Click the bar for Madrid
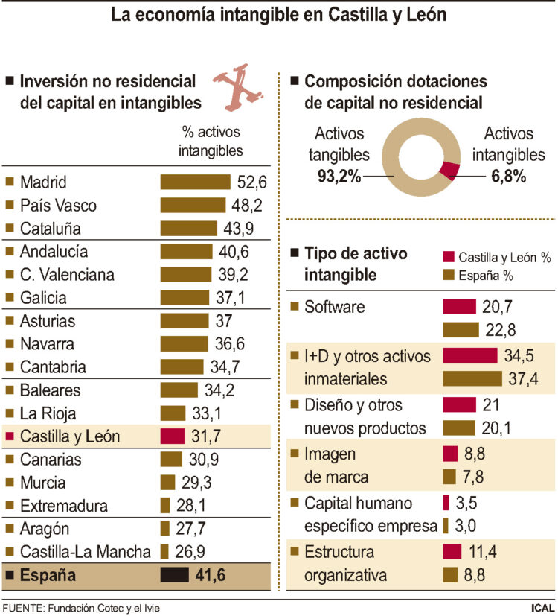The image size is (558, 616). (196, 182)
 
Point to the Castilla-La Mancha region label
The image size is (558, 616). (86, 552)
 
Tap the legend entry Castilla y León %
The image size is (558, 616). (504, 258)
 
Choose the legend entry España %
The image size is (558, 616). (487, 275)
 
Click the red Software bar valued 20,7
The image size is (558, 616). (459, 306)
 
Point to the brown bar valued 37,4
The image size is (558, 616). (472, 378)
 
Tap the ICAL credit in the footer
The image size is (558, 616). (542, 607)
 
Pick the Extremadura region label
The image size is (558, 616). (64, 506)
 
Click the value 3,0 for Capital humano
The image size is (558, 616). (465, 526)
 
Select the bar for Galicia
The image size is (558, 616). (186, 298)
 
